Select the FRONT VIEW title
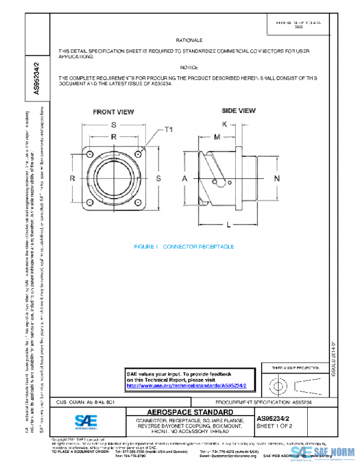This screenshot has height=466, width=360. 113,112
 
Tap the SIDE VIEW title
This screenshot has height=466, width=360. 239,111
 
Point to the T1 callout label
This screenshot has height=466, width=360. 169,130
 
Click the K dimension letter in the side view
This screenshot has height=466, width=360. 224,124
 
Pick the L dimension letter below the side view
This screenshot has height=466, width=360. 229,224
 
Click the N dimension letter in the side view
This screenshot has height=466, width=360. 277,179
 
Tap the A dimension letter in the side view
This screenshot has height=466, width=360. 185,179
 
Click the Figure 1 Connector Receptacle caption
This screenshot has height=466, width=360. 184,247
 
